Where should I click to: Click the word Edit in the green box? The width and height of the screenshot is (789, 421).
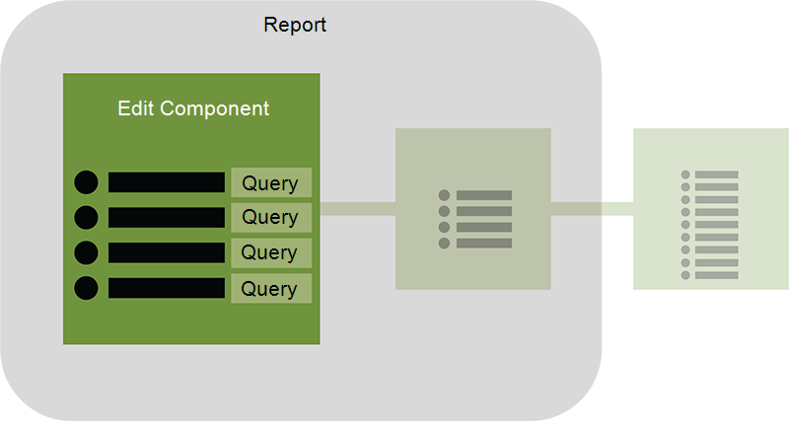pyautogui.click(x=136, y=108)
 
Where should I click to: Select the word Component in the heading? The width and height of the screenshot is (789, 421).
pyautogui.click(x=215, y=109)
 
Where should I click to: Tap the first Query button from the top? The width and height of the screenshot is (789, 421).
pyautogui.click(x=271, y=182)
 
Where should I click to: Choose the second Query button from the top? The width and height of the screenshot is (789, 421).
pyautogui.click(x=271, y=217)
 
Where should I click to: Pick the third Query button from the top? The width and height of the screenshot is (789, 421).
pyautogui.click(x=271, y=252)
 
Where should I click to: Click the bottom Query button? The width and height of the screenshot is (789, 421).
pyautogui.click(x=271, y=288)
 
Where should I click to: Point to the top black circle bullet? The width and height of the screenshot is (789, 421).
pyautogui.click(x=86, y=182)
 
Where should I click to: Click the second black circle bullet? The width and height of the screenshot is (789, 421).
pyautogui.click(x=86, y=217)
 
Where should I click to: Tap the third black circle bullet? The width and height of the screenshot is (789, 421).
pyautogui.click(x=86, y=252)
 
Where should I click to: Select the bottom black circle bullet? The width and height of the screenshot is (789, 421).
pyautogui.click(x=86, y=288)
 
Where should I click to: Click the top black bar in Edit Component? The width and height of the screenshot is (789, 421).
pyautogui.click(x=167, y=182)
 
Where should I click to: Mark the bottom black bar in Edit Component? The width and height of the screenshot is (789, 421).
pyautogui.click(x=167, y=288)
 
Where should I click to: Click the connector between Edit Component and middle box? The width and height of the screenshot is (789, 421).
pyautogui.click(x=358, y=209)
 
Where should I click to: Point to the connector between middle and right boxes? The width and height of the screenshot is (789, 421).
pyautogui.click(x=593, y=209)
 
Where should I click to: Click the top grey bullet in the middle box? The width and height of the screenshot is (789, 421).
pyautogui.click(x=445, y=195)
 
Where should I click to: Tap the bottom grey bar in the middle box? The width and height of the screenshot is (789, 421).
pyautogui.click(x=484, y=244)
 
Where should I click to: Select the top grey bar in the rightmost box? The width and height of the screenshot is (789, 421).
pyautogui.click(x=717, y=175)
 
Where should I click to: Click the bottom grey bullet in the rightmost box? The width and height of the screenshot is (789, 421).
pyautogui.click(x=685, y=275)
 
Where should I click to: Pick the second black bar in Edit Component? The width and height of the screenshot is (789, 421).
pyautogui.click(x=167, y=217)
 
